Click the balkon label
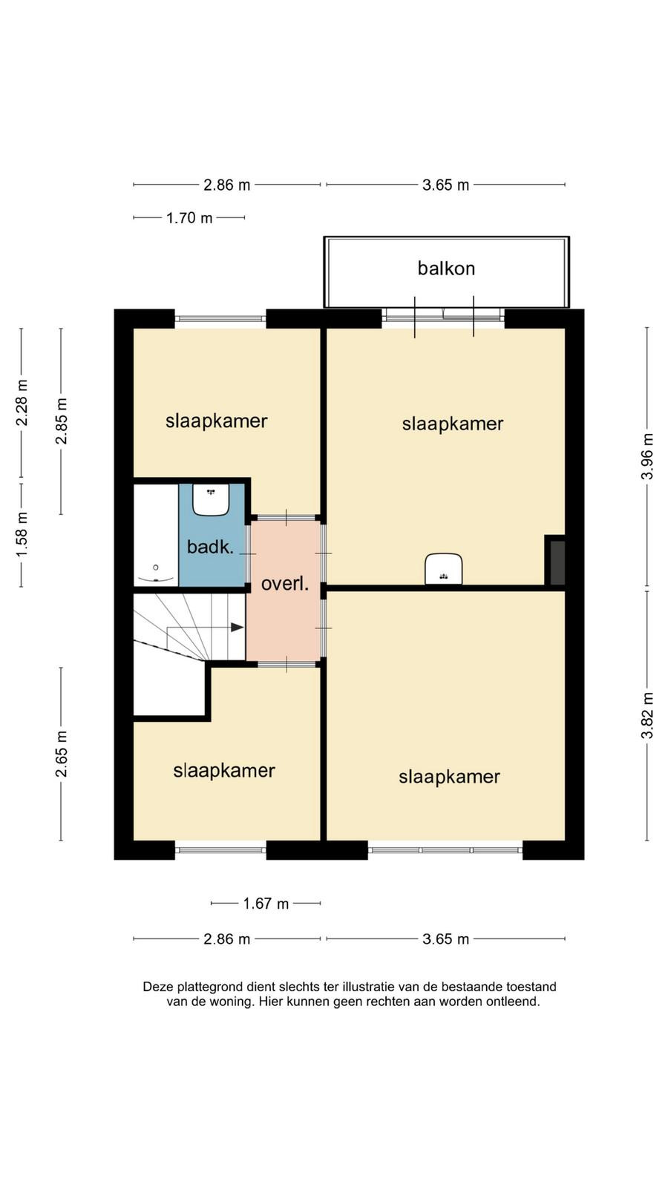click(446, 269)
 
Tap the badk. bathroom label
click(211, 546)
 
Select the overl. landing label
click(285, 584)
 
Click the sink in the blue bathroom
click(211, 499)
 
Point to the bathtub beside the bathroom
click(156, 535)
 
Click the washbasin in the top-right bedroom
click(444, 569)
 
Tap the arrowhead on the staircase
click(237, 628)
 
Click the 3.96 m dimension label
click(647, 456)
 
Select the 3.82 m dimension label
click(647, 715)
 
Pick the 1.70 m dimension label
click(189, 218)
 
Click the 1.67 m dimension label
click(266, 904)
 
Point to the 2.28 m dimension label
click(22, 403)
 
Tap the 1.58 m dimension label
click(22, 535)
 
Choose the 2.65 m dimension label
click(62, 754)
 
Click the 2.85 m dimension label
click(62, 421)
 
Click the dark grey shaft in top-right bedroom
click(555, 560)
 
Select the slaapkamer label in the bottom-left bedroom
click(223, 771)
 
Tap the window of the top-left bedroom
click(220, 318)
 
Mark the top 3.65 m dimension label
click(446, 185)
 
